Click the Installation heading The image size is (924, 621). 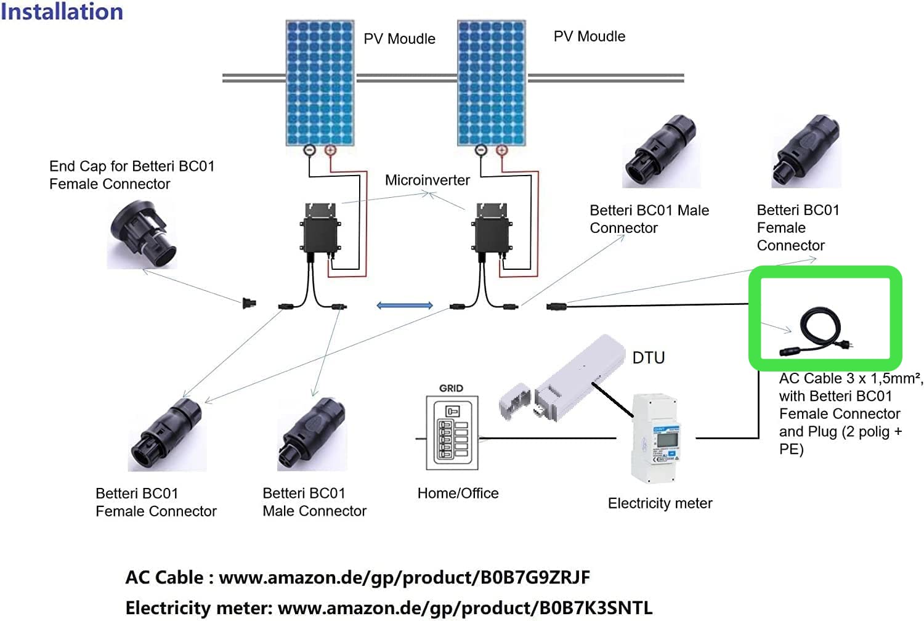coord(62,12)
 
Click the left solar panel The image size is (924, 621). coord(319,83)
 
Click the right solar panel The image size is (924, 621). coord(491,83)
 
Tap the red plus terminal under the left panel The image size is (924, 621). coord(330,150)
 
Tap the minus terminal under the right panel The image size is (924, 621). coord(481,150)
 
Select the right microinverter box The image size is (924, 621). coord(492,234)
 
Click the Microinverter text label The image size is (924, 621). coord(427,180)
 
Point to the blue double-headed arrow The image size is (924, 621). coord(405,306)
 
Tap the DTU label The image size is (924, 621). coord(648,357)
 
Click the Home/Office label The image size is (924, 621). coord(458,493)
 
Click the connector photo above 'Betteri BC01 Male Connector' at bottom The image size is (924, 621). coord(311,435)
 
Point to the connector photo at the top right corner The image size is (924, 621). coord(807,150)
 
